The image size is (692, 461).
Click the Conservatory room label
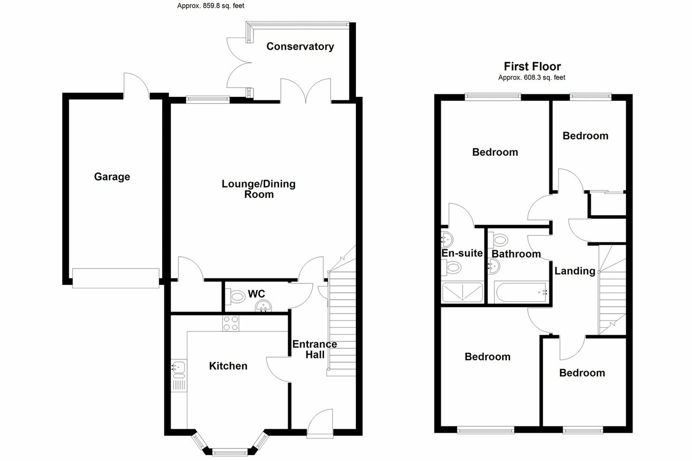300,46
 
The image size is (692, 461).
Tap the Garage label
112,177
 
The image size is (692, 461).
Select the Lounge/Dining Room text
259,189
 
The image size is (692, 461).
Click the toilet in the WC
236,297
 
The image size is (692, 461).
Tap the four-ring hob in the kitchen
231,323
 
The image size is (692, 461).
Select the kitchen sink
178,368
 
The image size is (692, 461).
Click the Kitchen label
228,366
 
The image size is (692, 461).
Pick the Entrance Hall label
315,349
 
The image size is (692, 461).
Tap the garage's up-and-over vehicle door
116,278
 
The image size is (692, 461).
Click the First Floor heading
532,66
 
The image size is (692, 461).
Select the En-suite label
462,253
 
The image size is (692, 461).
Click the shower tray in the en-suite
462,293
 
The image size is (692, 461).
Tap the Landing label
575,271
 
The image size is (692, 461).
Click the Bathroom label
516,254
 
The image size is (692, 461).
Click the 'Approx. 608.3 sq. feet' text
532,78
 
